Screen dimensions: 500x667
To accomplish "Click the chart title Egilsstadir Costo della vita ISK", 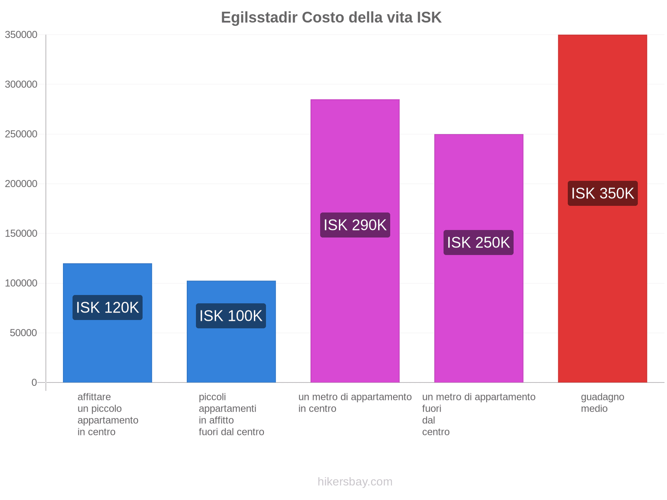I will (331, 17).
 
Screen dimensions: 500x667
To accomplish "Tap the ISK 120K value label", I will (107, 307).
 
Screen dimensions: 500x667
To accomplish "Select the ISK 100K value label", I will (231, 316).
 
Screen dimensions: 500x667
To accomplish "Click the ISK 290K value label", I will (355, 225).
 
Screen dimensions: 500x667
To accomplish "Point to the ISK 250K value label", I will (478, 242).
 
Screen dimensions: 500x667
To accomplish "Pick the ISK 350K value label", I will (602, 193).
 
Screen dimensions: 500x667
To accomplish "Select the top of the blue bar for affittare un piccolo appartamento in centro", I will (107, 264).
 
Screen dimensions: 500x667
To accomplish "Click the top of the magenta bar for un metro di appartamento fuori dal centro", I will (479, 135).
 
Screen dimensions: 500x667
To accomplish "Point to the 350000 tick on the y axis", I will (21, 35).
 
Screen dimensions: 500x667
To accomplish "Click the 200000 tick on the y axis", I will (21, 184).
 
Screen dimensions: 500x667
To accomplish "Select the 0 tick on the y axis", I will (34, 382).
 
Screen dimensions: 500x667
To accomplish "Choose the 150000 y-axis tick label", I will (21, 233).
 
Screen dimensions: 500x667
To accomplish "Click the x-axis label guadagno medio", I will (602, 402).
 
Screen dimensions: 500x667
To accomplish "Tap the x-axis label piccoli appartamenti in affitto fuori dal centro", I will (231, 414).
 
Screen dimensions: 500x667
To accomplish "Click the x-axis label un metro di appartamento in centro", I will (355, 402).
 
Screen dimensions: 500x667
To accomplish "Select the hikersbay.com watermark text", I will (355, 482).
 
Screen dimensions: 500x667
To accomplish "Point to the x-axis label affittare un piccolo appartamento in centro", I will (108, 414).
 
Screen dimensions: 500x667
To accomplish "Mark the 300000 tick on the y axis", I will (21, 84).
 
